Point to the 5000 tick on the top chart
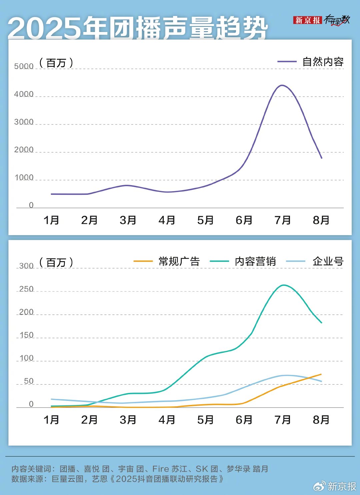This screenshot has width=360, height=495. (24, 66)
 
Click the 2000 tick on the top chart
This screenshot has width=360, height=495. (24, 149)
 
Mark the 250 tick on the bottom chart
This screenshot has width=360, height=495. (26, 289)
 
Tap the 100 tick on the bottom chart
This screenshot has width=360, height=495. (26, 358)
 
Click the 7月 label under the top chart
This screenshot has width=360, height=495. (283, 220)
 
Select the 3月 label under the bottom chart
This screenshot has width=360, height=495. (128, 420)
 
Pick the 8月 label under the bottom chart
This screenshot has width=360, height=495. (321, 420)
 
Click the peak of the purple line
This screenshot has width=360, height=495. (282, 85)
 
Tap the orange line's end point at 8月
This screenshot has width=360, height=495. (321, 374)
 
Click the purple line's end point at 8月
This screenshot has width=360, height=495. (322, 158)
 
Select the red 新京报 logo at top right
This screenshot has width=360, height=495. (307, 20)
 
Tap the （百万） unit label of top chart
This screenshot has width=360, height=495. (56, 63)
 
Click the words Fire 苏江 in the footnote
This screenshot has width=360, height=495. (170, 469)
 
